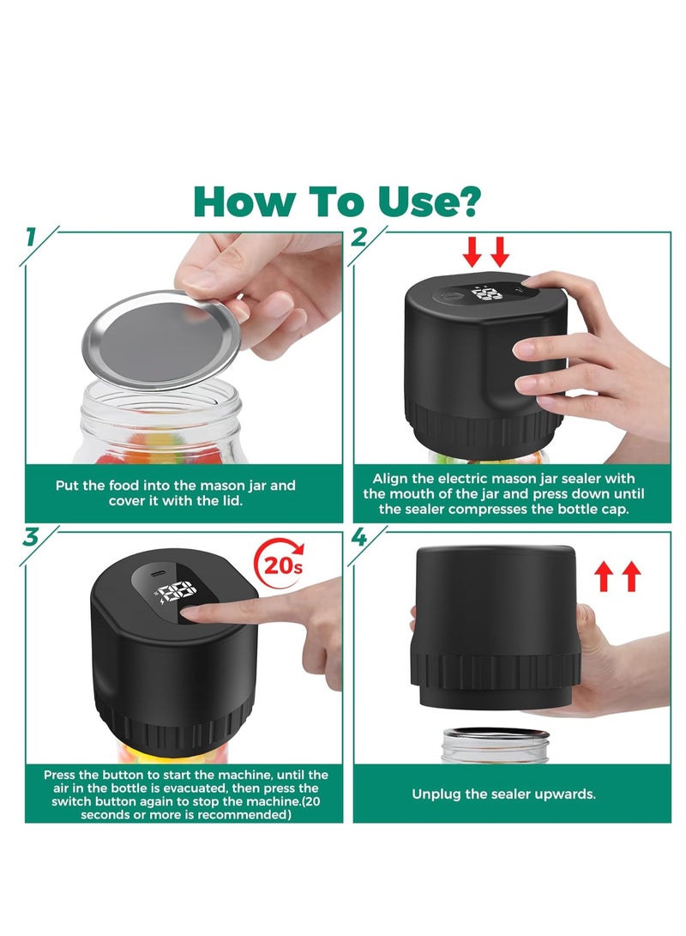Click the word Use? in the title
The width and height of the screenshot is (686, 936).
point(429,202)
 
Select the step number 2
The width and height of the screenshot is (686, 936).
point(359,238)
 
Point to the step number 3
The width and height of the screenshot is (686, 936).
point(31,537)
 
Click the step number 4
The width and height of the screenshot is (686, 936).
point(359,537)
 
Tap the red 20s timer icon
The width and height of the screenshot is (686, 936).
point(280,565)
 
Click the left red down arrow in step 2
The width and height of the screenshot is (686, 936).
point(472,251)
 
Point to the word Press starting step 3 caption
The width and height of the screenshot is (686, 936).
point(60,775)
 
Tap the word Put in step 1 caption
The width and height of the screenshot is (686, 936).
point(66,486)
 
